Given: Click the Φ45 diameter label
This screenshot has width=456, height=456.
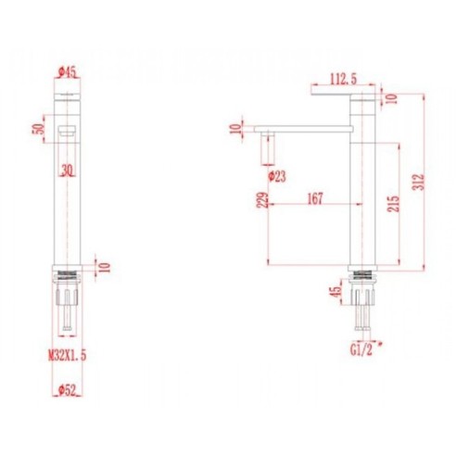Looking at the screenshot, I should coord(65,70).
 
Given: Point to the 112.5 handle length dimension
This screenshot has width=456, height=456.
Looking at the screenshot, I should coord(342,79).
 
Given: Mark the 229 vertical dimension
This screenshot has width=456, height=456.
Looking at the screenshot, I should coord(260,200).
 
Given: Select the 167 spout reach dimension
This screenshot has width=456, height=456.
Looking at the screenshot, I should coord(315,197).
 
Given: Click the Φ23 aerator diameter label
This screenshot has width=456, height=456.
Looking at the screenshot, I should coord(275,174).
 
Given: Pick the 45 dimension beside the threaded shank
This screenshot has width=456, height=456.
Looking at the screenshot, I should coord(336,294).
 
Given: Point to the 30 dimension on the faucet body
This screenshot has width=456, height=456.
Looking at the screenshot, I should coord(65,170).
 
